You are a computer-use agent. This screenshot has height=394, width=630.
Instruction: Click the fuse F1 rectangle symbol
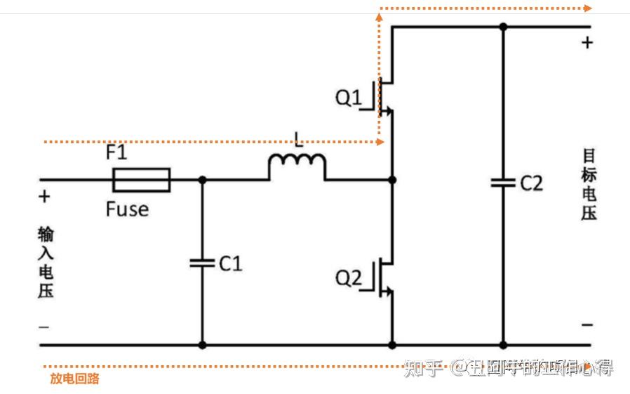(141, 180)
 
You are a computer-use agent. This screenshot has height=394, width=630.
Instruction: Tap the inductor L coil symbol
(297, 166)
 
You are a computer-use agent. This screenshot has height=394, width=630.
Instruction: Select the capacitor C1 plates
(202, 263)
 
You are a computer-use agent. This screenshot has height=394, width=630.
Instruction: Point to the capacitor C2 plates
(503, 183)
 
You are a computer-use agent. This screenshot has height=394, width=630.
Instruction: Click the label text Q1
(349, 98)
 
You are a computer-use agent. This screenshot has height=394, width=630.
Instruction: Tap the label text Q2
(349, 278)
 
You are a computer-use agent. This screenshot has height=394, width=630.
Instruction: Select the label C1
(230, 264)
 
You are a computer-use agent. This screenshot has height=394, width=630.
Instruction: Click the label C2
(531, 183)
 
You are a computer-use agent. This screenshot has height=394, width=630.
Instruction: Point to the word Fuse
(127, 209)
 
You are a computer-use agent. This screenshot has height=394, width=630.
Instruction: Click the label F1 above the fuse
(116, 152)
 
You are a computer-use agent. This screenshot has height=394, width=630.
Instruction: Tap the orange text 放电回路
(74, 379)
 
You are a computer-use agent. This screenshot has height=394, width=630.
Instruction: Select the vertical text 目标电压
(589, 185)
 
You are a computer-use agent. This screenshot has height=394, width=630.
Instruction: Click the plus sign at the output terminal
(587, 43)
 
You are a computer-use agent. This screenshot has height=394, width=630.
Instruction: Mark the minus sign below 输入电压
(43, 327)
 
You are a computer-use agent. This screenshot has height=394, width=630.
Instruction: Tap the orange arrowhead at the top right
(587, 8)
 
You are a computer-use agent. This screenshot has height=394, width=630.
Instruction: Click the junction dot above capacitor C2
(503, 27)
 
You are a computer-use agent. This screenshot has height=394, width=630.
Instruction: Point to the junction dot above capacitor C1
(202, 180)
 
